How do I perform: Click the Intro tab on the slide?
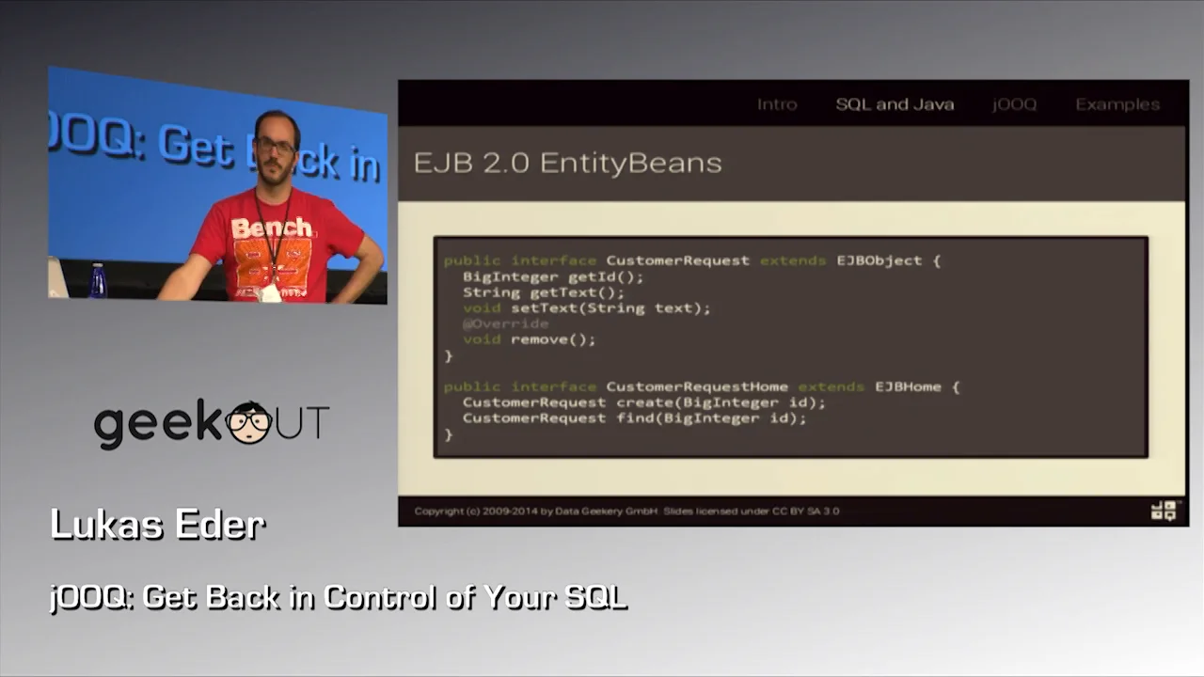(777, 104)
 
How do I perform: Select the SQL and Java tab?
(895, 104)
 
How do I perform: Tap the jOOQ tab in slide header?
(1014, 104)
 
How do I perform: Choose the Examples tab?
(1117, 104)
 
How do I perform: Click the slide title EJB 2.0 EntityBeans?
(567, 163)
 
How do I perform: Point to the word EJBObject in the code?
(879, 260)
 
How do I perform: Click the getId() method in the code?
(606, 276)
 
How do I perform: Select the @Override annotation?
(505, 323)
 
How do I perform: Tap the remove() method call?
(553, 339)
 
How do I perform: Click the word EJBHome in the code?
(908, 386)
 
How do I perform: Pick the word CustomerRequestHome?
(697, 386)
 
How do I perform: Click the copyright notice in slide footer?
(626, 512)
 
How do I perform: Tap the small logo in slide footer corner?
(1164, 510)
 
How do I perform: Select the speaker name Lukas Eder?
(157, 525)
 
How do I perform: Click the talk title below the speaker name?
(338, 597)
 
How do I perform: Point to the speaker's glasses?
(275, 146)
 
